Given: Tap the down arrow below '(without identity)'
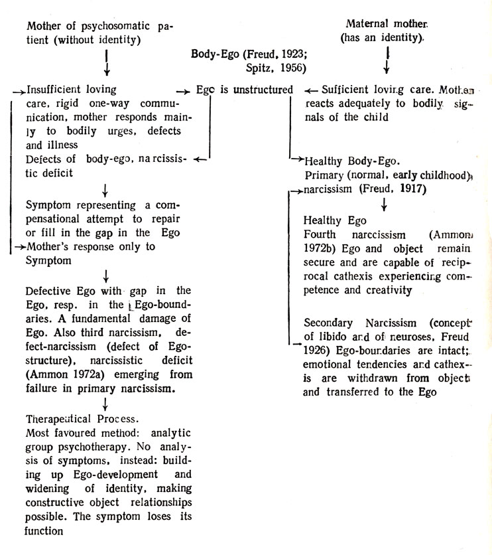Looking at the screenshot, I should coord(107,62).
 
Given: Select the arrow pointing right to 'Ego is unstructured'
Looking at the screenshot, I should coord(183,90).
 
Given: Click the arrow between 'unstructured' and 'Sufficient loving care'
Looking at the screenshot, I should coord(310,90).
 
